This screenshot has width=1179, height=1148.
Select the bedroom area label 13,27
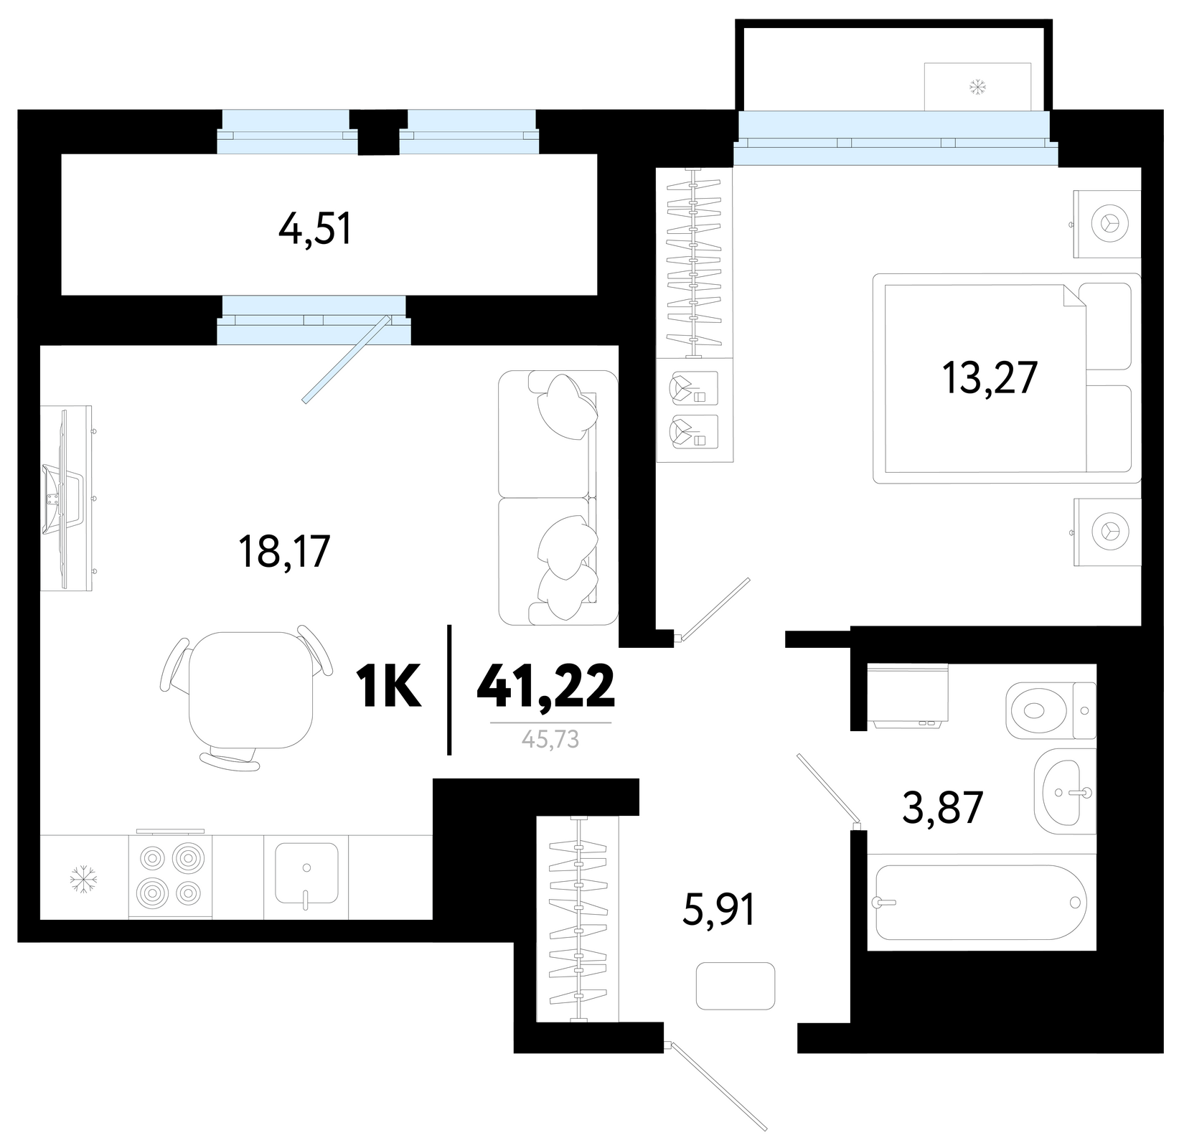coord(990,378)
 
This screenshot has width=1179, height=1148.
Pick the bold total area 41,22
coord(545,685)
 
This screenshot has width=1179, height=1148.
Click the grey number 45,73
coord(550,740)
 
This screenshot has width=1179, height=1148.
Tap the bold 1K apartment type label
coord(388,686)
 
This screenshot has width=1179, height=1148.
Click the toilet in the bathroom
coord(1051,710)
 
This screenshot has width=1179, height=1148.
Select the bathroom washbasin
coord(1065,791)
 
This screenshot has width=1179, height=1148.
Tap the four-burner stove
coord(170,874)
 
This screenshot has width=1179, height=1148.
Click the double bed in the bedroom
coord(1006,378)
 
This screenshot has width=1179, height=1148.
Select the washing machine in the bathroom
coord(908,696)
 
